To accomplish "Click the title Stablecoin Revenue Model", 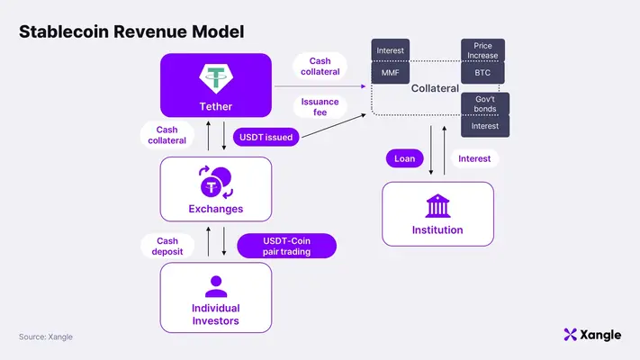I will [131, 31].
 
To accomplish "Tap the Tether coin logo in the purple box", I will [215, 77].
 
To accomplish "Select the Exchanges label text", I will [215, 209].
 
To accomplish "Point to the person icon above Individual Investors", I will [215, 286].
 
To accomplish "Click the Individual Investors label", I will [215, 315].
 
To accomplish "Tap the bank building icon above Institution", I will [437, 207].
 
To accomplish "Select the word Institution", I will [437, 230].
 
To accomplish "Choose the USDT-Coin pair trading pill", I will [286, 246].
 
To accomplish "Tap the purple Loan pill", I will [404, 158].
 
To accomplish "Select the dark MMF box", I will [390, 73].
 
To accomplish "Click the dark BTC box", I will [482, 73].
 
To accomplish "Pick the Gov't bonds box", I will [485, 103].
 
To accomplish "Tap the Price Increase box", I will [482, 49].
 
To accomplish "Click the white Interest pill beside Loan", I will [474, 158].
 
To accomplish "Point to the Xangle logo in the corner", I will [591, 335].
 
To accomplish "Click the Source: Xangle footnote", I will [46, 337].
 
